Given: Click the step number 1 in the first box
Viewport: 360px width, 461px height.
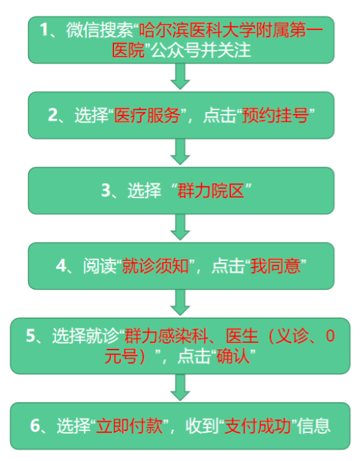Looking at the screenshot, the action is pos(44,30).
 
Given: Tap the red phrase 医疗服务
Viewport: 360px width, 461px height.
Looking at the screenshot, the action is pos(147,115).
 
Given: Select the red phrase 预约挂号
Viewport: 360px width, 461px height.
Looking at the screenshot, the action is pos(276,115).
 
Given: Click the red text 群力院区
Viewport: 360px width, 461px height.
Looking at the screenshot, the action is pos(211,190).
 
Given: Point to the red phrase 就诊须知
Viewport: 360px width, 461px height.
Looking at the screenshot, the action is pos(156,266).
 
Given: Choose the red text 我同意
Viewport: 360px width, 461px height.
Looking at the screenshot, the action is pos(276,266).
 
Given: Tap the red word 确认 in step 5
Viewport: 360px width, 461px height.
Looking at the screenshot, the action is pos(233,356).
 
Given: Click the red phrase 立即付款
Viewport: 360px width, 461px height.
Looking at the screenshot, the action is pos(130,426).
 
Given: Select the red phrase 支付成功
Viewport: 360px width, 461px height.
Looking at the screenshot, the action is pos(258,426).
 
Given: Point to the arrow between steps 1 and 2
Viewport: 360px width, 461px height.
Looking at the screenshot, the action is pos(180,76).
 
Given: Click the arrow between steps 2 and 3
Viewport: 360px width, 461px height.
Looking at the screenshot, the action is pos(180,152).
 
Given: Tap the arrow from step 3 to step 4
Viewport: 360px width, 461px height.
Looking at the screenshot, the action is pos(180,227).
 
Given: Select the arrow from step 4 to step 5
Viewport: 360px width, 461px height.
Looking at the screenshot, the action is pos(180,303).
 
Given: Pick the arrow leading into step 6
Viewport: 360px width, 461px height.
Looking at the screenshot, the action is pos(180,387).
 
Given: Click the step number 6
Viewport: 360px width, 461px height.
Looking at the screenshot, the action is pos(35,426).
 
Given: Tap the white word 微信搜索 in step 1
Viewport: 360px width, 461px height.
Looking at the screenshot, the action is pos(100,30).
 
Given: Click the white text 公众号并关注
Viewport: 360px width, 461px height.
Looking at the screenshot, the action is pos(201,50).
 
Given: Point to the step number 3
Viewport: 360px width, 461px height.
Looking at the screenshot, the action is pos(106,190).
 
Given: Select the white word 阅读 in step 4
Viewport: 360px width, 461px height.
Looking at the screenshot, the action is pos(100,266).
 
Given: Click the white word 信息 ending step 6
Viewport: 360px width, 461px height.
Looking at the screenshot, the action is pos(314,426).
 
